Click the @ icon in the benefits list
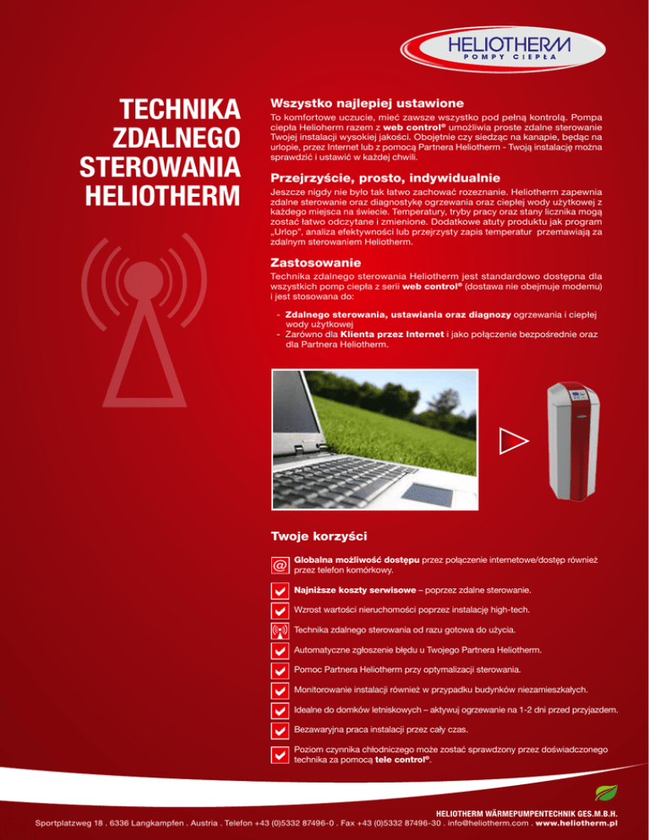click(x=279, y=565)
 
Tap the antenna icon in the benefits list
click(x=279, y=630)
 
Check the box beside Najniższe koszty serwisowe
click(x=279, y=590)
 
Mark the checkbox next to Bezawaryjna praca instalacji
click(x=279, y=728)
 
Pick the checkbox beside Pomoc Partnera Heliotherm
click(x=279, y=670)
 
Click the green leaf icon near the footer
click(x=606, y=793)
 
